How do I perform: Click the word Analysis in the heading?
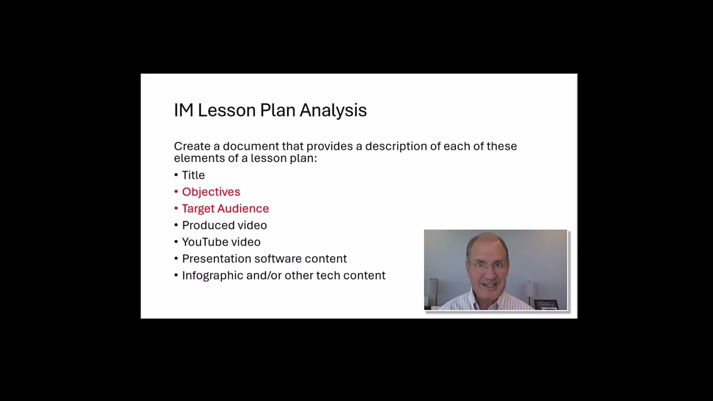pos(333,110)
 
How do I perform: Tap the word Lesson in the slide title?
pos(227,110)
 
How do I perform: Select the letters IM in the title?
pos(183,110)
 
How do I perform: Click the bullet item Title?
pos(193,175)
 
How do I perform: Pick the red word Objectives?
pos(211,192)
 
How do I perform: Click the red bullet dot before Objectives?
pos(176,192)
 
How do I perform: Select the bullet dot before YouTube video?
pos(176,242)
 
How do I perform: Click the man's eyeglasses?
pos(488,265)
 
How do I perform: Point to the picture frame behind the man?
pos(546,304)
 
